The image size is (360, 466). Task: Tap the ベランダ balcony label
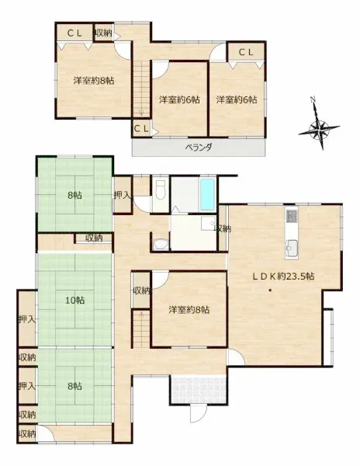tap(199, 147)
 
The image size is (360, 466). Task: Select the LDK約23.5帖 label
tap(283, 276)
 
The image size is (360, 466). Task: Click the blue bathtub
tap(207, 194)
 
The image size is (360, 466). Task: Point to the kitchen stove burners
tap(292, 216)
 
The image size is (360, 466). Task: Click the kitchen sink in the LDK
tap(291, 246)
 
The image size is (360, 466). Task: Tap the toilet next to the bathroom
tap(161, 190)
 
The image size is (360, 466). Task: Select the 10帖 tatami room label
tap(74, 301)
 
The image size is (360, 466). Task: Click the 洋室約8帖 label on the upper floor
tap(94, 81)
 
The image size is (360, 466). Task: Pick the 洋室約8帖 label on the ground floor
tap(189, 310)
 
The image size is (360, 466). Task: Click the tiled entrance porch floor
tap(199, 390)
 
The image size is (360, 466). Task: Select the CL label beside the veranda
tap(141, 129)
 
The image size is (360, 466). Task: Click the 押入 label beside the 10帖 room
tap(27, 319)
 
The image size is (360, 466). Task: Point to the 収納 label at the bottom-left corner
tap(27, 433)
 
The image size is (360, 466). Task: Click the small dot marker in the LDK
tap(270, 290)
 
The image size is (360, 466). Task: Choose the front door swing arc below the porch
tap(198, 414)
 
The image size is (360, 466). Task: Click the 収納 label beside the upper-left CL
tap(103, 33)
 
